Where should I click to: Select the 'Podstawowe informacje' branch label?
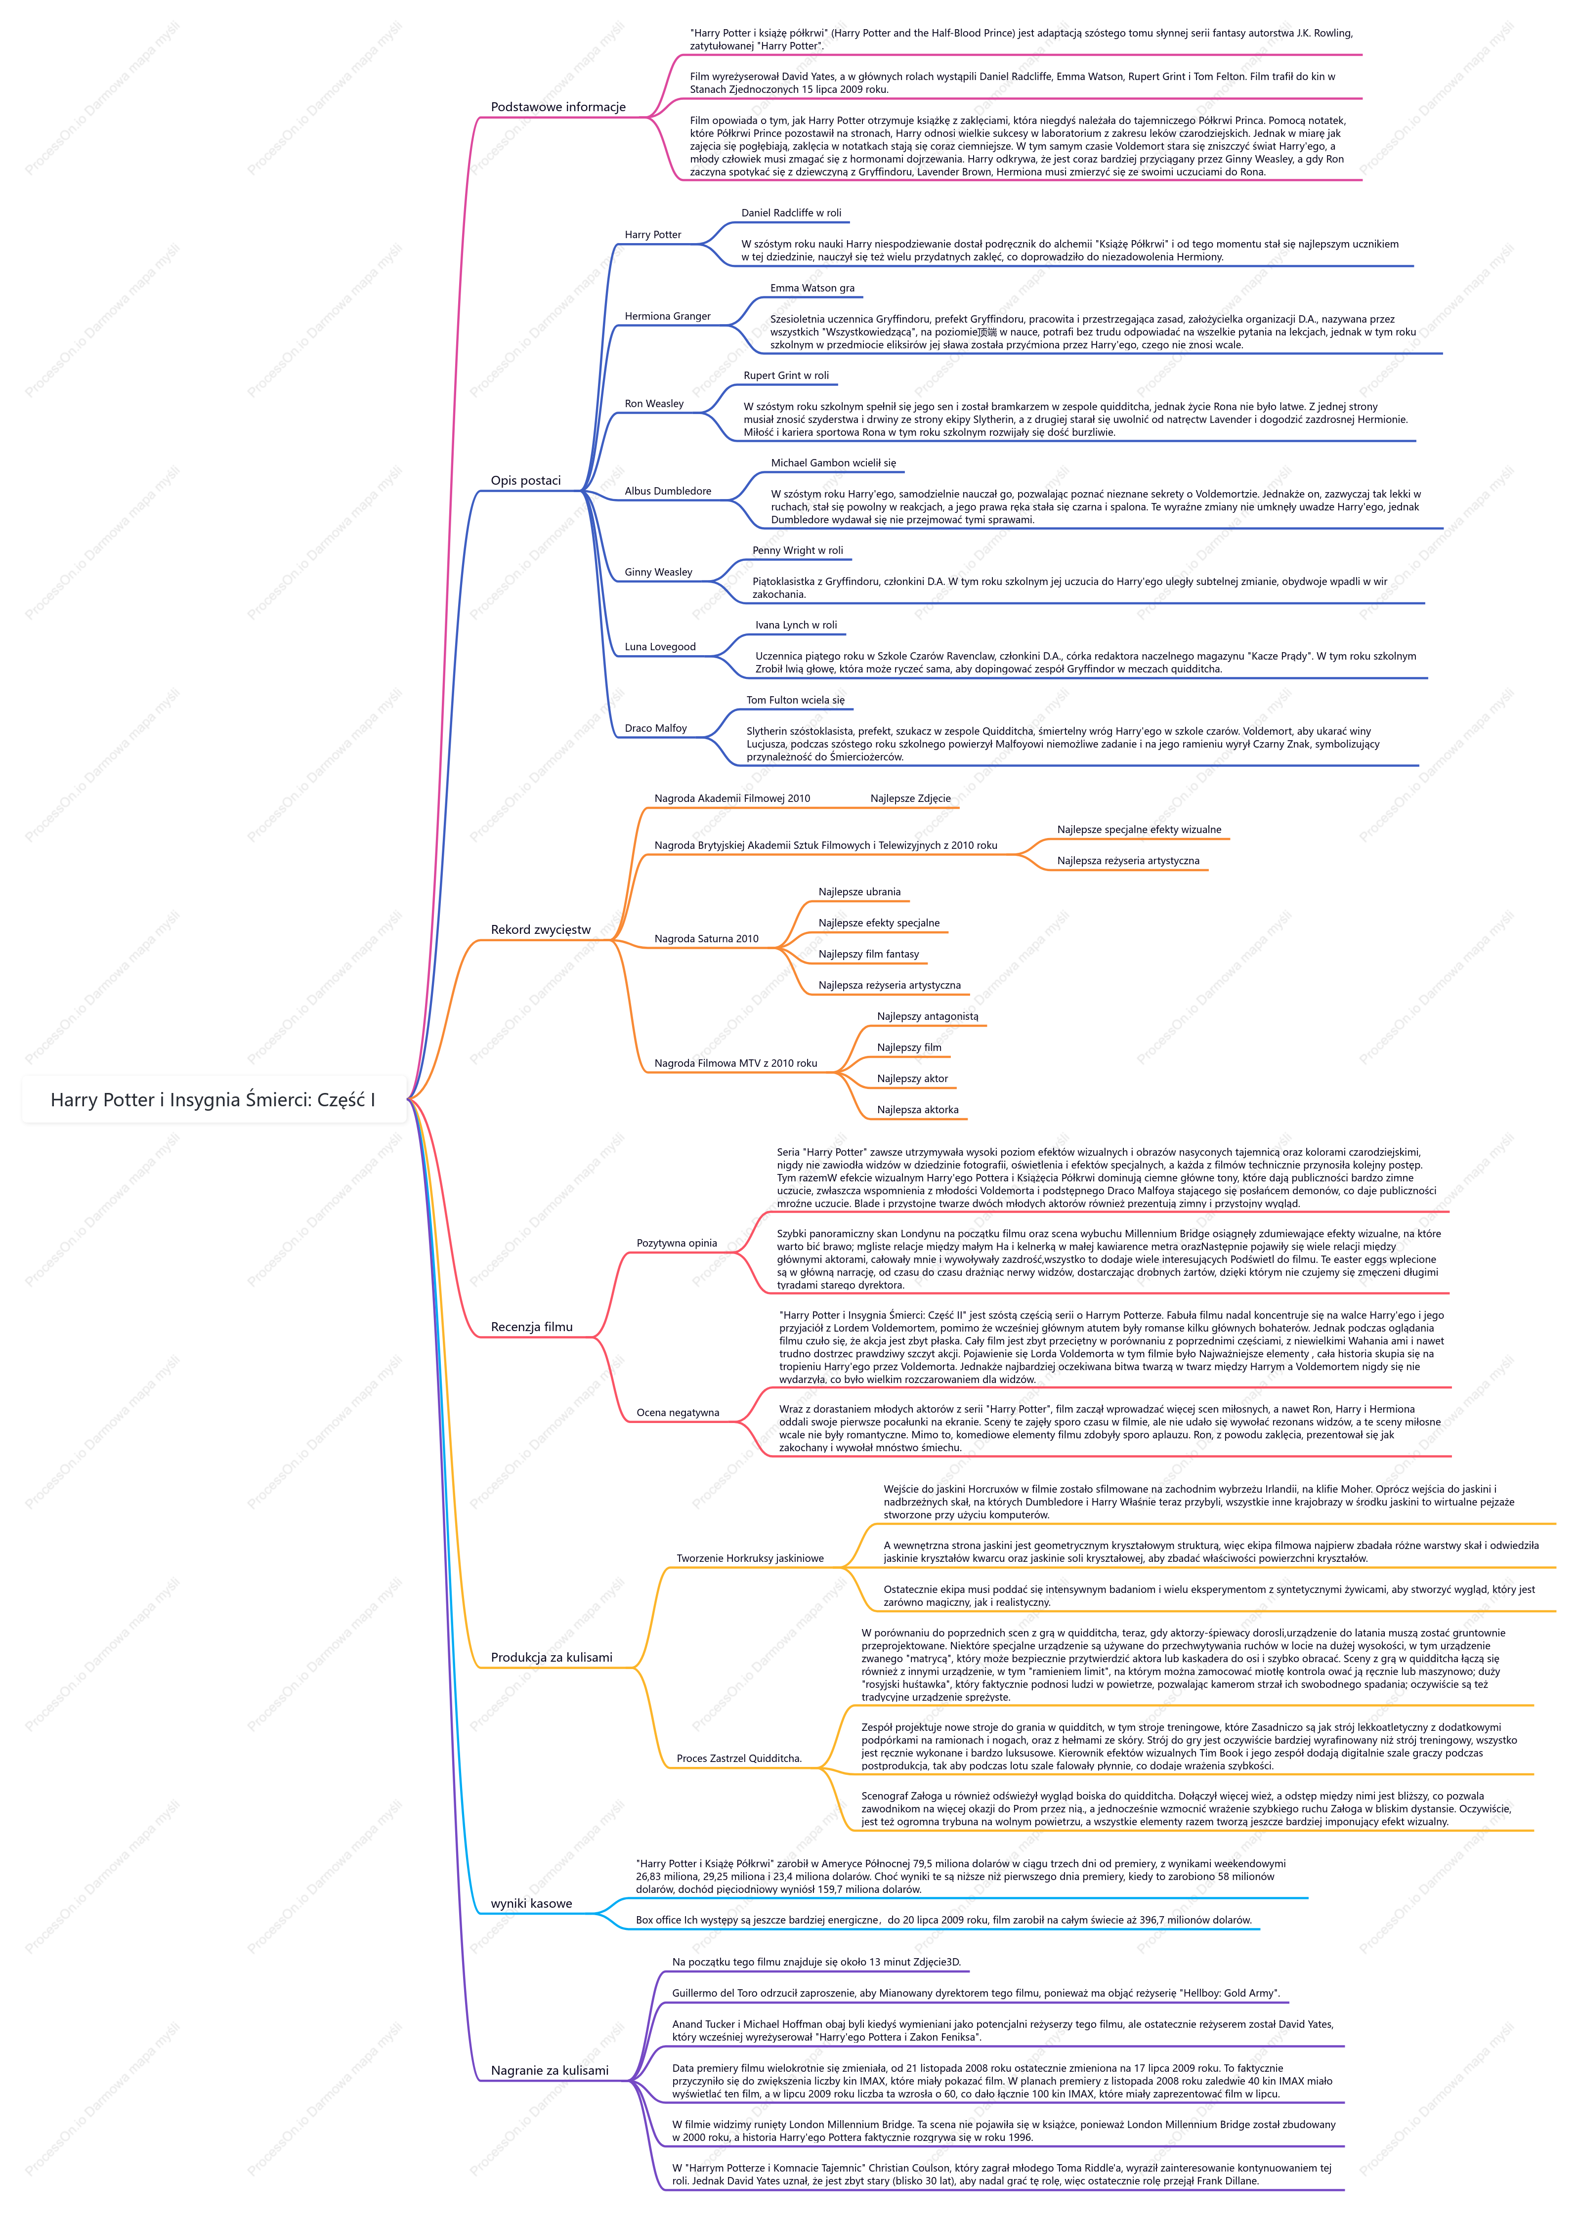click(x=558, y=107)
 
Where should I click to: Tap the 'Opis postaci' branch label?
click(x=526, y=480)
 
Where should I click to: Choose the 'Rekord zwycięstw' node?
click(x=541, y=929)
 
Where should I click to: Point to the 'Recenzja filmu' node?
click(x=532, y=1327)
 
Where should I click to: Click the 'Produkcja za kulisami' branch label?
click(x=551, y=1657)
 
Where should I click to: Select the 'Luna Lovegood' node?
click(x=660, y=646)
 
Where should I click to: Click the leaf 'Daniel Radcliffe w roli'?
click(x=791, y=213)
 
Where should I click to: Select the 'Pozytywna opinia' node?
click(x=677, y=1243)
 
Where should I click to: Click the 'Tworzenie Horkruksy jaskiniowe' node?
click(x=750, y=1558)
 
